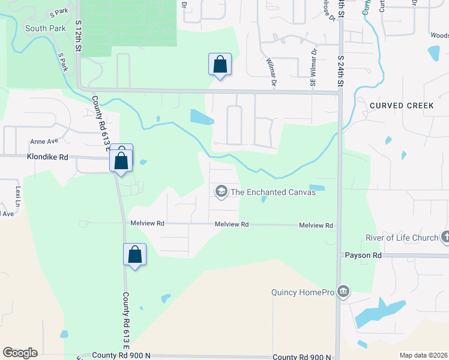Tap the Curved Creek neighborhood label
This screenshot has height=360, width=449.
click(x=402, y=106)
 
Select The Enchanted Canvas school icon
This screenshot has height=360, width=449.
click(x=221, y=191)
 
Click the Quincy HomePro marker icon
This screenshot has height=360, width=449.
click(x=343, y=292)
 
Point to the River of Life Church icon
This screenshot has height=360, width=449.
click(x=445, y=238)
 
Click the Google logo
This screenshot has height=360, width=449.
click(x=20, y=353)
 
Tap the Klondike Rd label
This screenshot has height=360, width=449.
click(x=47, y=157)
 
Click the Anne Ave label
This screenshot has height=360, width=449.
click(x=44, y=142)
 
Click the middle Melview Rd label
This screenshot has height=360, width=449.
click(x=232, y=224)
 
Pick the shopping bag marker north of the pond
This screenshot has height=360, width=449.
click(x=220, y=64)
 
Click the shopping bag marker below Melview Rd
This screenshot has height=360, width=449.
click(x=135, y=254)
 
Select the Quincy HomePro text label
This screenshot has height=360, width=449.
click(x=301, y=293)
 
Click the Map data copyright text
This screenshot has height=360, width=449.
click(x=424, y=355)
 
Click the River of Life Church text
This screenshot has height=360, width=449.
click(x=402, y=238)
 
